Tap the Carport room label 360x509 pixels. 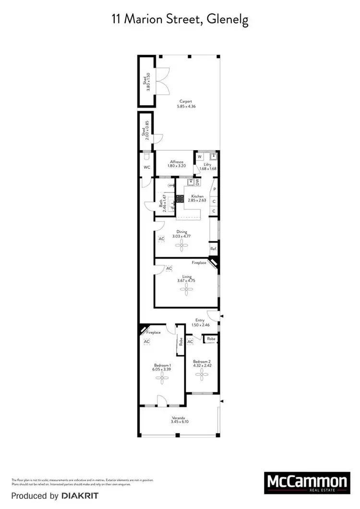pos(186,101)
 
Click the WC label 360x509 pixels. pos(147,167)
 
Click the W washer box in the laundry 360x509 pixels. pos(199,156)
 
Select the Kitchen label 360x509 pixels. pos(197,196)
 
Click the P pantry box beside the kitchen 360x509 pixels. pos(215,189)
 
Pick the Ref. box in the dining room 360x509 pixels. pos(214,249)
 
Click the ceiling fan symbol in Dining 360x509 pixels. pos(181,247)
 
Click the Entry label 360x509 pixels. pos(200,320)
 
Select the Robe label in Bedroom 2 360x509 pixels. pos(211,339)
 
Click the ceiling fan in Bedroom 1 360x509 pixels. pos(162,379)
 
